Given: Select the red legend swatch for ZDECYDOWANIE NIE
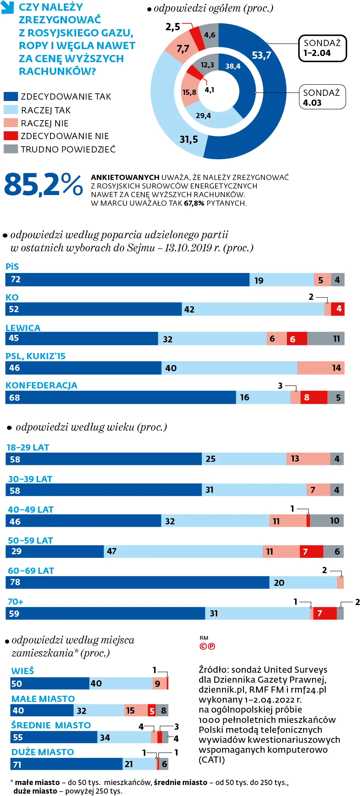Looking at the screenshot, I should (11, 136).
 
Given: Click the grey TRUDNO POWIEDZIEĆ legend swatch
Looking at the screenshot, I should (11, 149).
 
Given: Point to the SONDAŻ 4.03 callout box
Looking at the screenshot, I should (322, 97).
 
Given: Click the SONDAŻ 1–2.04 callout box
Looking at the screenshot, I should (322, 48).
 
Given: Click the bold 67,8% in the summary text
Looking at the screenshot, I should (194, 203).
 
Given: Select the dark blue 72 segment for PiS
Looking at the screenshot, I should (127, 280).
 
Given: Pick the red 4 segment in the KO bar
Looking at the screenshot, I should (338, 309).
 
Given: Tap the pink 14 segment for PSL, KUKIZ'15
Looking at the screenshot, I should (321, 368).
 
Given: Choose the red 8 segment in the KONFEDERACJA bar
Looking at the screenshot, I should (314, 397).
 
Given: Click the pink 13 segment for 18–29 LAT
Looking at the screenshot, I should (308, 459).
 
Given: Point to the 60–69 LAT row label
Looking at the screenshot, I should (31, 571).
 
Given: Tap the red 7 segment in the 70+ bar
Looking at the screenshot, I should (325, 613).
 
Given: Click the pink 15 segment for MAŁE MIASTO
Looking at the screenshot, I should (136, 710).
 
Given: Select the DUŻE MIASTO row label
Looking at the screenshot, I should (43, 752).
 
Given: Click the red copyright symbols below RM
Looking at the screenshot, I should (207, 646).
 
